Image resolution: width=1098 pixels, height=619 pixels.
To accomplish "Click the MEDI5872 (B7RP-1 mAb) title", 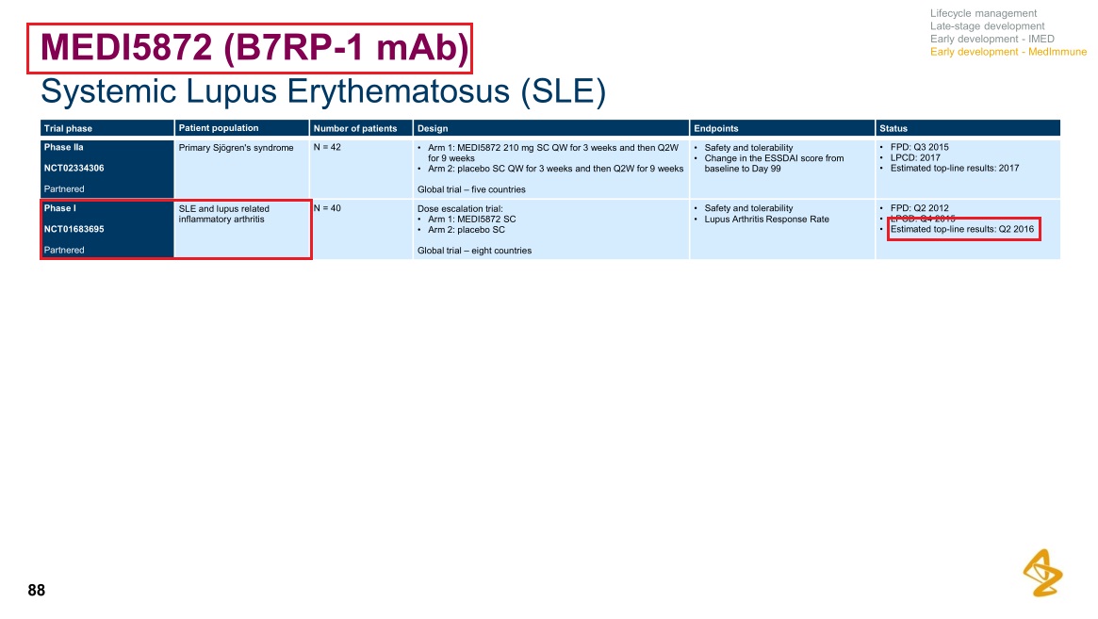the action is point(254,48).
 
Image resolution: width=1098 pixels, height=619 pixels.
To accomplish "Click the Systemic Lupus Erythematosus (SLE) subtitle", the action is point(323,91).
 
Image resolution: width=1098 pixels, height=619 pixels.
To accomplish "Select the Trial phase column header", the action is point(68,128).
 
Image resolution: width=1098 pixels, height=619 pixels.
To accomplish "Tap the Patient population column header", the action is point(219,128).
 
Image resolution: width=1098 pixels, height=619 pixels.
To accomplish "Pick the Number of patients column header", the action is point(355,128).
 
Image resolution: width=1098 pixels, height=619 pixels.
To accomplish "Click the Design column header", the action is point(433,128).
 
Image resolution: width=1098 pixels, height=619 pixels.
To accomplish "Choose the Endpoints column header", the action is point(715,128).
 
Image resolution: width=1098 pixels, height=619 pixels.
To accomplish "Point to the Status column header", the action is point(893,128).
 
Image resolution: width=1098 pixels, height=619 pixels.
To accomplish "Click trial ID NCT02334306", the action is point(74,168).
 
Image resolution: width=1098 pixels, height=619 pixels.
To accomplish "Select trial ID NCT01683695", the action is point(74,229).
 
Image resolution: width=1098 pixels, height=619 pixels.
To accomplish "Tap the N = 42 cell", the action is point(327,147).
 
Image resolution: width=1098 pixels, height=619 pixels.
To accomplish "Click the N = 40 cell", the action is point(327,208).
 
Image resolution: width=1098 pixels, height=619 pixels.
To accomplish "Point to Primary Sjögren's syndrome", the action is point(236,148).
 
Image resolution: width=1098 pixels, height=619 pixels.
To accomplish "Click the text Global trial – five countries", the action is point(471,189).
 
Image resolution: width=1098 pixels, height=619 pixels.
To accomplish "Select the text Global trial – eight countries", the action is point(474,250).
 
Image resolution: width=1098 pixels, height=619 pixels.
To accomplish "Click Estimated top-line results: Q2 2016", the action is point(962,229).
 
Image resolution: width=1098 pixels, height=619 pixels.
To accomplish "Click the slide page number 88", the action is point(37,591).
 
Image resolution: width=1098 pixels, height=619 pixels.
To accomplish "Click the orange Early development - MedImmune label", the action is point(1008,52).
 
